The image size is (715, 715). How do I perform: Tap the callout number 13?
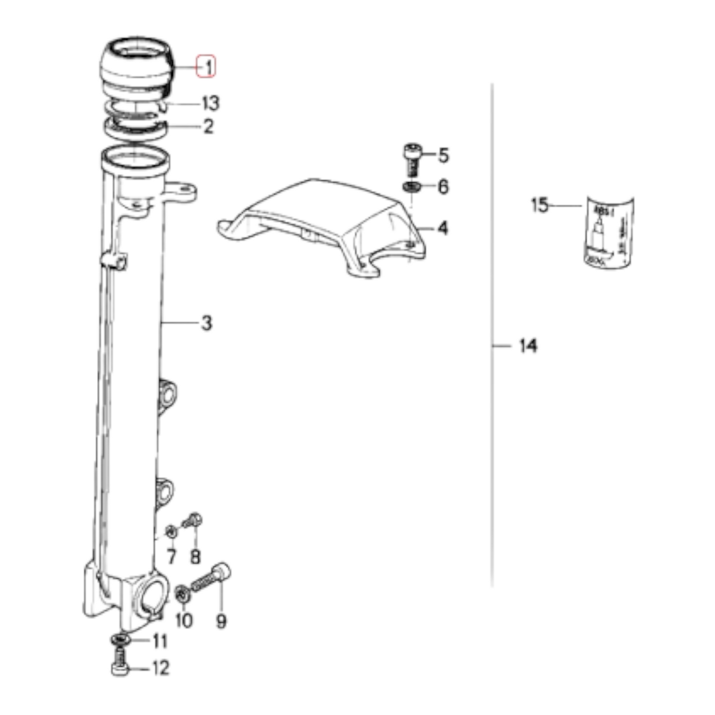coord(210,104)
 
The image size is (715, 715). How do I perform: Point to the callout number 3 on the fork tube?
coord(206,323)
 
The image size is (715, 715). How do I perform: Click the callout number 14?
coord(528,345)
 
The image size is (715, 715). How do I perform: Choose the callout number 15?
coord(540,205)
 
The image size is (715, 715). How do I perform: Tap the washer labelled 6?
coord(411,187)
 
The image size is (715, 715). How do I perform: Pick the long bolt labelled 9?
coord(211,582)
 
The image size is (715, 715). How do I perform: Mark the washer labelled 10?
coord(183,594)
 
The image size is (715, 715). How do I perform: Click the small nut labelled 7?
coord(171,531)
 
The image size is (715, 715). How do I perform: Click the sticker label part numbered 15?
coord(607,232)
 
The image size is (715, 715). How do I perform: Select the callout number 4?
coord(443,228)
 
